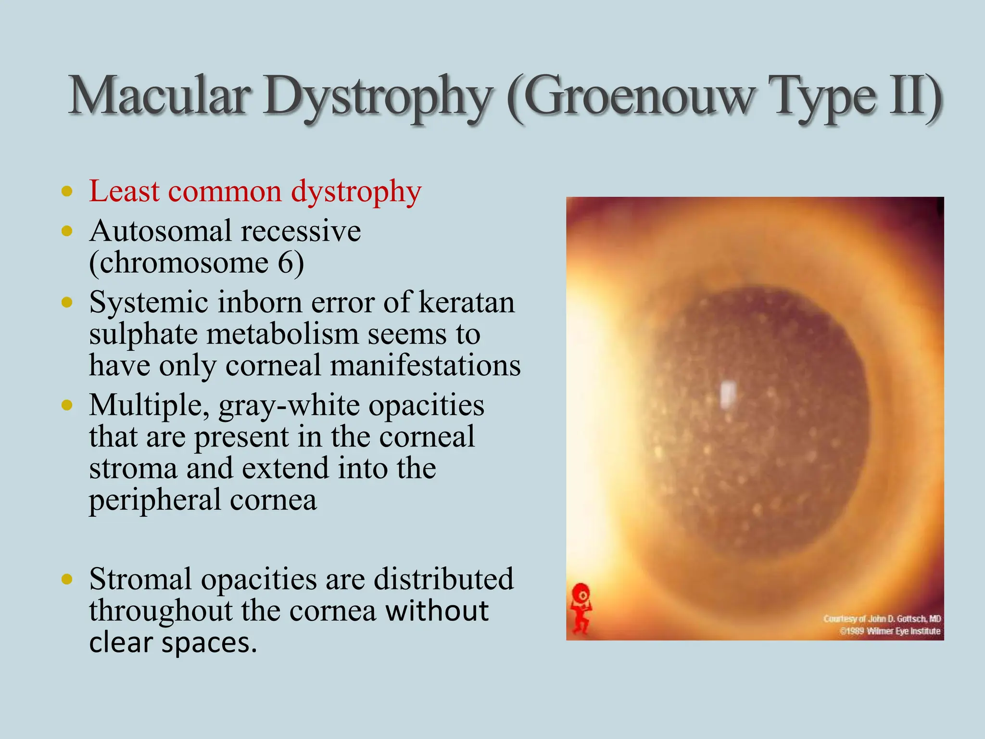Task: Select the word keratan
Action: [x=467, y=303]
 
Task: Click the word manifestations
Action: [x=425, y=366]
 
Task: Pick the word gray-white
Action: [x=289, y=406]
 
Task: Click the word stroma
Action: [x=133, y=468]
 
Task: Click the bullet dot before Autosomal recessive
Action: [x=67, y=231]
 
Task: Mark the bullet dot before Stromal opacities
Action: [x=67, y=579]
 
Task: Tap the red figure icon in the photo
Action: [x=581, y=609]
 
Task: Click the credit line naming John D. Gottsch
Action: [x=882, y=619]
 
